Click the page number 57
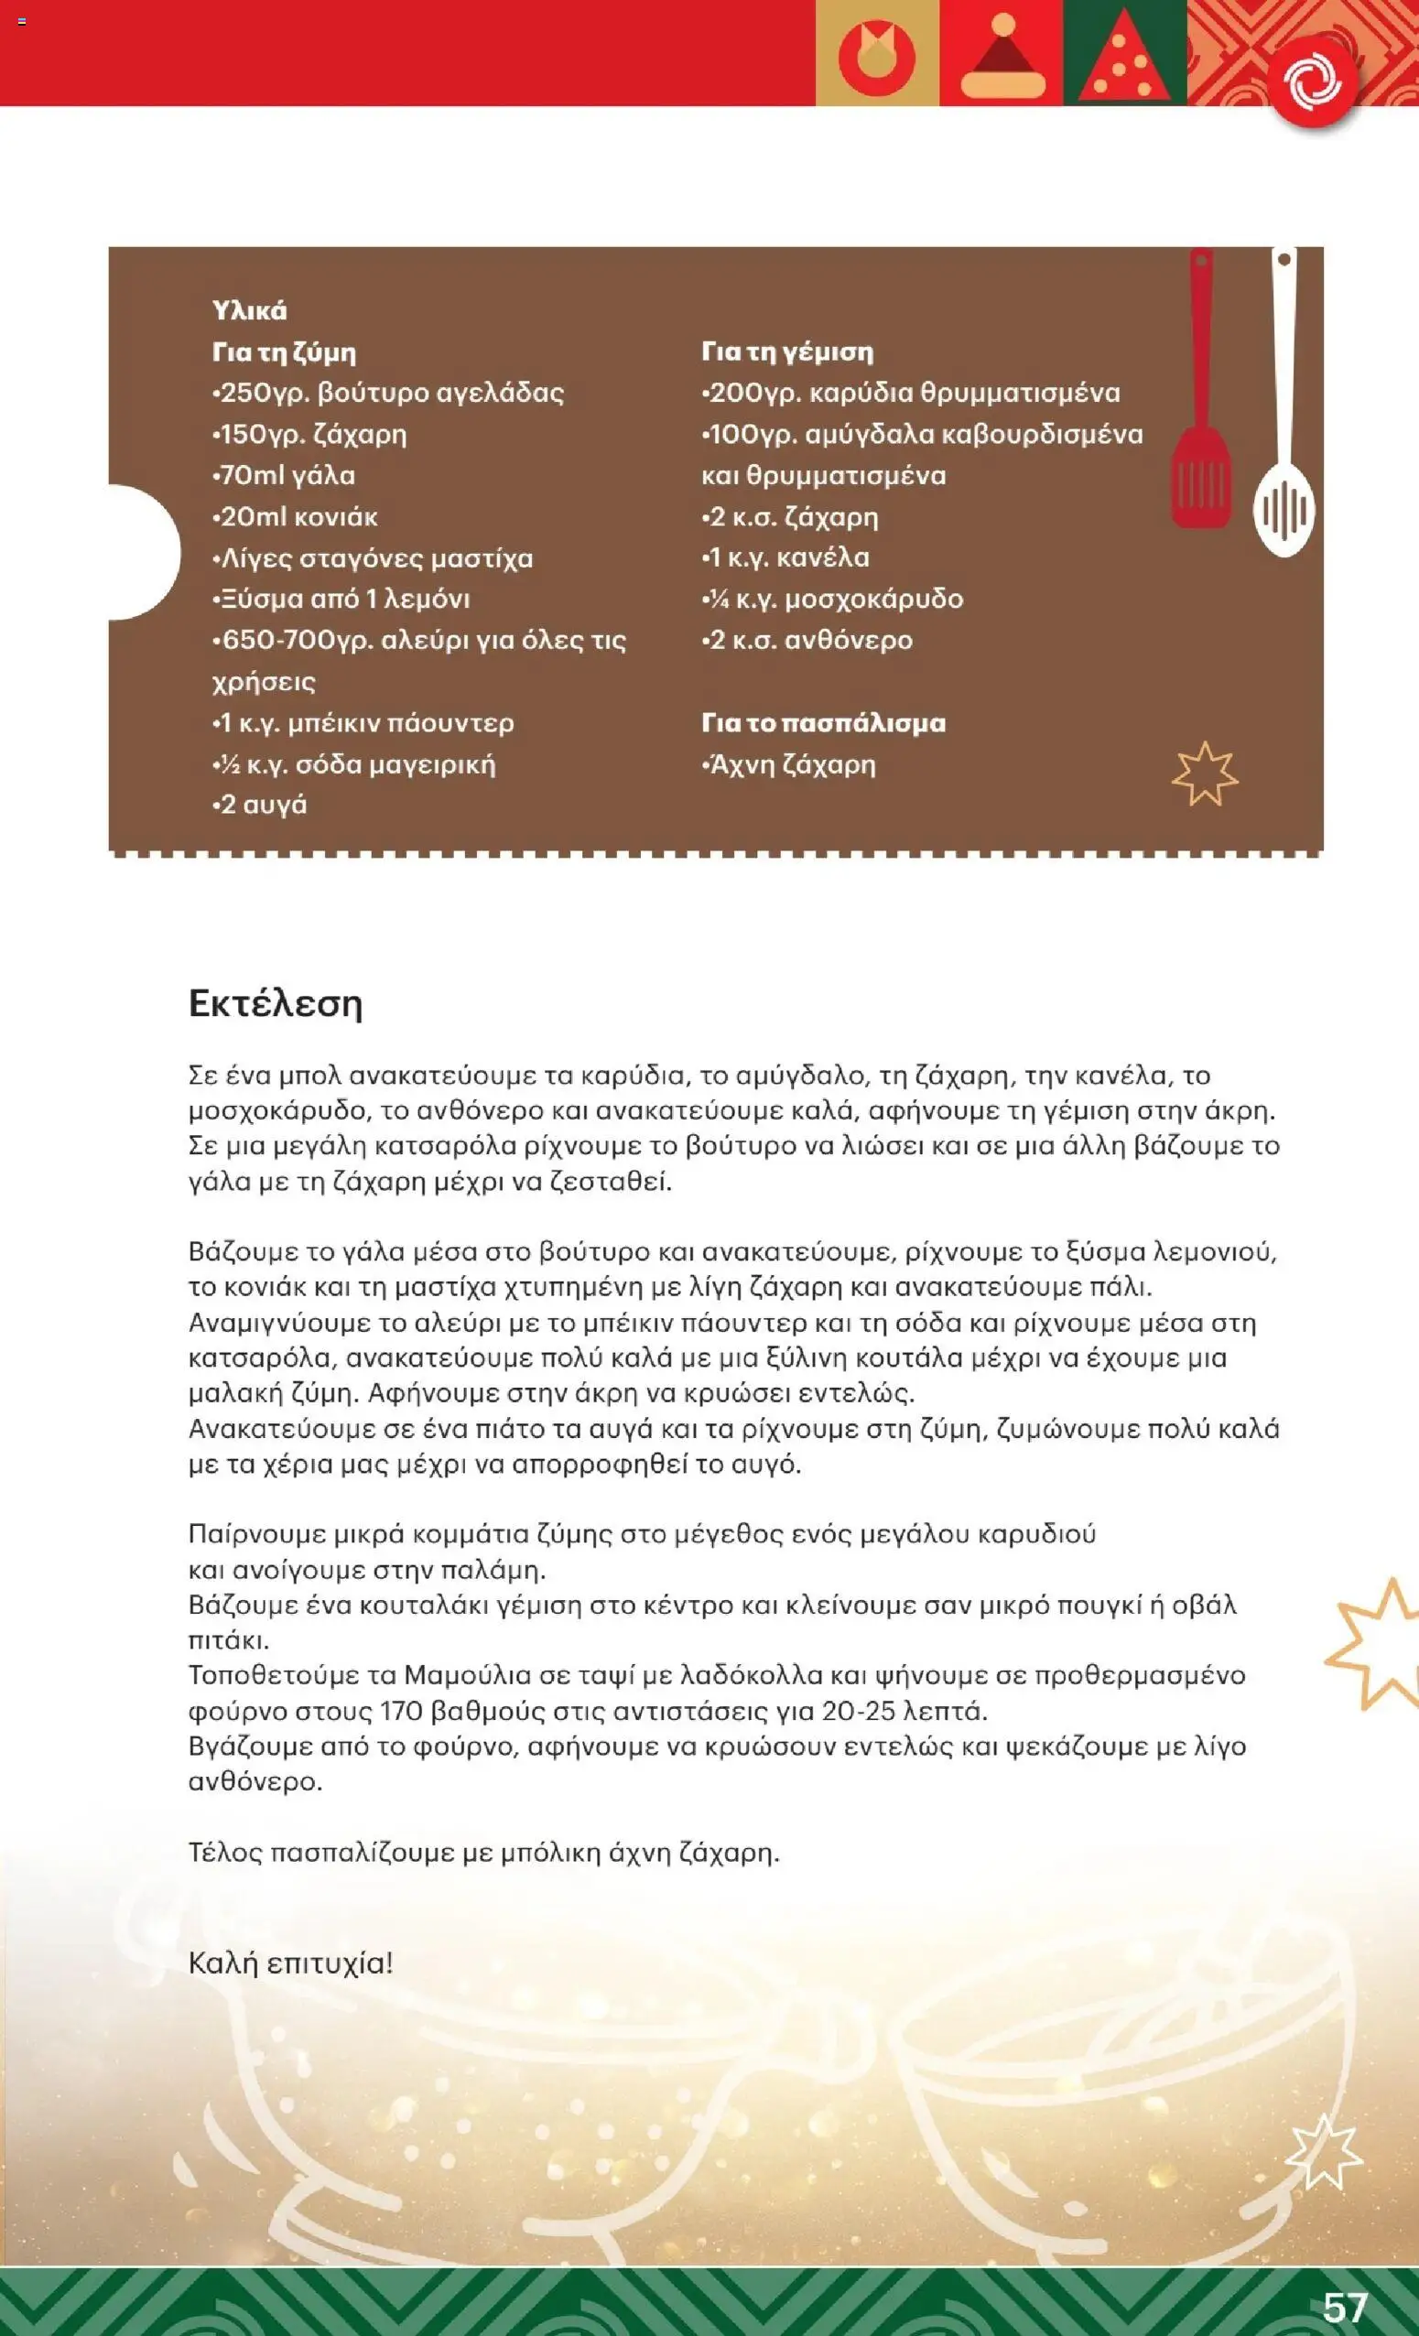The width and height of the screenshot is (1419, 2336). (1345, 2307)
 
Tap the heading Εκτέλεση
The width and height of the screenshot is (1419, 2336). (275, 1003)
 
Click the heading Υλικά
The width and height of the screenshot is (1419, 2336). (249, 311)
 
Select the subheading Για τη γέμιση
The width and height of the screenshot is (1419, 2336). (786, 351)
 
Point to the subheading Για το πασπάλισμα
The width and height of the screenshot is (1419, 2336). (823, 723)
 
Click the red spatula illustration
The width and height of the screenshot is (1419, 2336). (1201, 398)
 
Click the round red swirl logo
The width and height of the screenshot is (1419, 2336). (1312, 81)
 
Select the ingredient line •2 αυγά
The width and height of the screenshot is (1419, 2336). (260, 805)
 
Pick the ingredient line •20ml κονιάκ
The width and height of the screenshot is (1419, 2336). (295, 516)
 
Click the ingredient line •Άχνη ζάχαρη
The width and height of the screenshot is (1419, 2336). (788, 764)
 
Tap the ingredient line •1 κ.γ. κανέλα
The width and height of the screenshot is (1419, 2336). (785, 557)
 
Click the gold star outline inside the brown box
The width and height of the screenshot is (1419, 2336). (1204, 774)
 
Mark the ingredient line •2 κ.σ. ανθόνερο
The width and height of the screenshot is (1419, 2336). (807, 640)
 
